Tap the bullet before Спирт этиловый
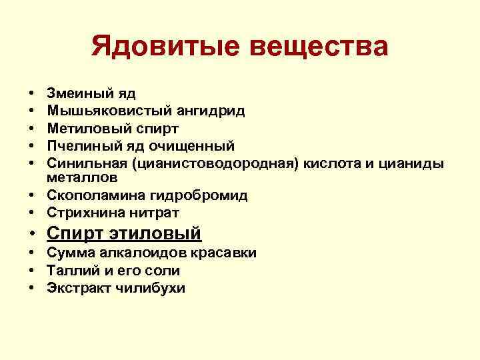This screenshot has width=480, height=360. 33,234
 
